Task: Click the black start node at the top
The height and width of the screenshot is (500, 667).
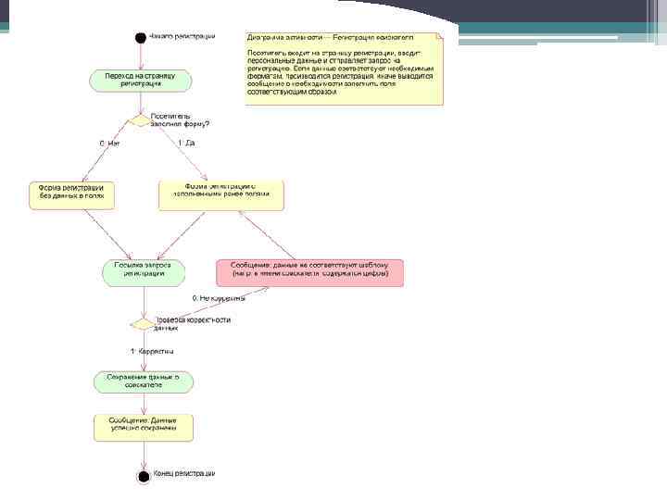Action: click(x=141, y=38)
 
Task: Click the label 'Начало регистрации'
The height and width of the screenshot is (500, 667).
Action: click(x=182, y=37)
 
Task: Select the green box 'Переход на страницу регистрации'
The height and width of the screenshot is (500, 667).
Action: click(x=141, y=80)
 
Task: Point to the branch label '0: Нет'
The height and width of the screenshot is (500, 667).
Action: click(x=110, y=144)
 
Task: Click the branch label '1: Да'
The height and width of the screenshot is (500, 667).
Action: click(x=185, y=144)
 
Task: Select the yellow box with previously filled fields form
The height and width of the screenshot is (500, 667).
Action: click(x=221, y=193)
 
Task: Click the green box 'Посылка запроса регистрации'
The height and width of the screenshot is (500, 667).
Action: click(x=143, y=271)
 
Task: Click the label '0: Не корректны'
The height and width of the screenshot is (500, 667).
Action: click(x=219, y=299)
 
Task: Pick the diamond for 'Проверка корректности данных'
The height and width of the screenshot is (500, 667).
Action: click(x=143, y=324)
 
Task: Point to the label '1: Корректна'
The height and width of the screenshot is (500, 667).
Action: click(x=152, y=352)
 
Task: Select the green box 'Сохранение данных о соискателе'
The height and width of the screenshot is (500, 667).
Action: click(x=143, y=381)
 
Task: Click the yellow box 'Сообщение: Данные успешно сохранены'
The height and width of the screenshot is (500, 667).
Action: click(x=143, y=426)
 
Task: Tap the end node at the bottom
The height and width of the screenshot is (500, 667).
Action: click(x=143, y=477)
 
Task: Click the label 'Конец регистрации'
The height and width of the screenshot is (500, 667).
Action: click(x=184, y=474)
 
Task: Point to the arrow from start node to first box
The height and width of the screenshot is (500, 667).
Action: click(x=141, y=56)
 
